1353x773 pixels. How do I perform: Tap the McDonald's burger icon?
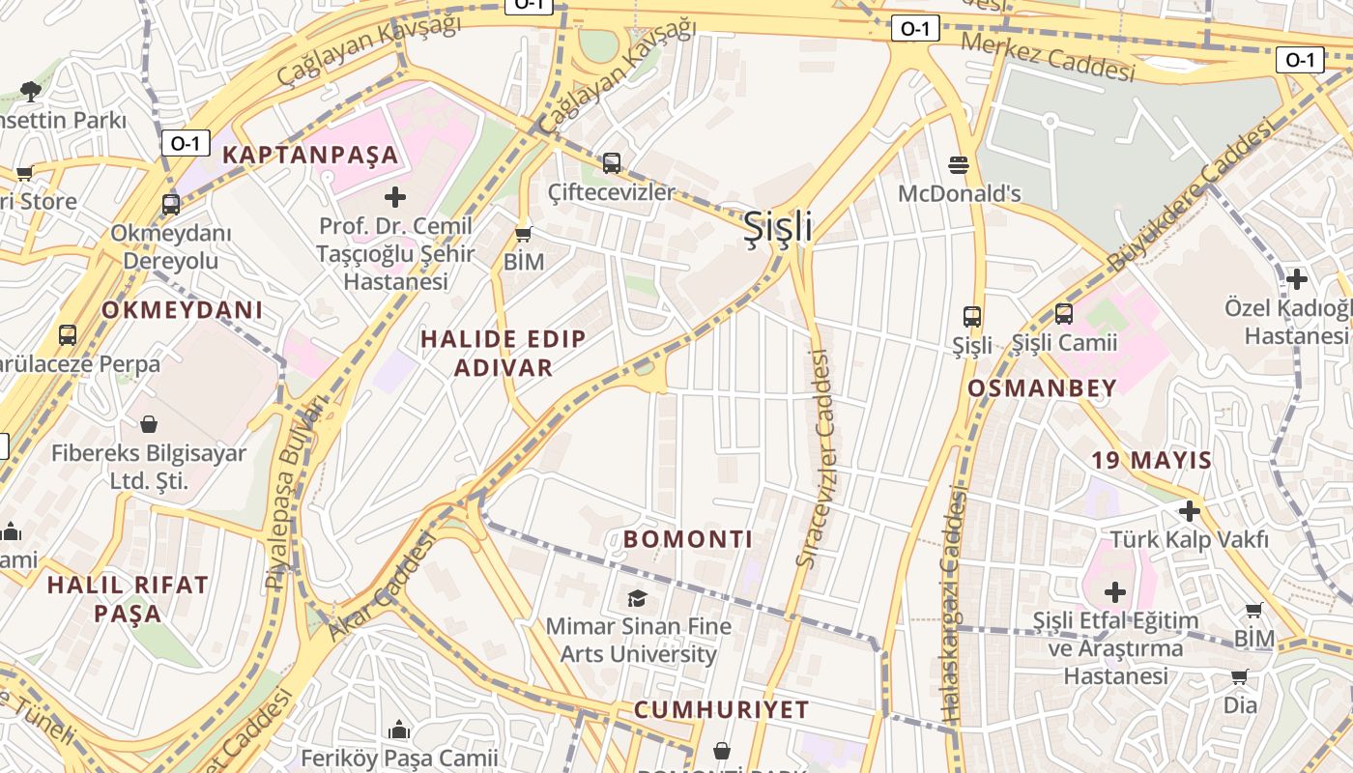959,165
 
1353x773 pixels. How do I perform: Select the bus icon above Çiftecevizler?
611,162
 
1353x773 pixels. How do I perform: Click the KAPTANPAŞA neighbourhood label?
310,155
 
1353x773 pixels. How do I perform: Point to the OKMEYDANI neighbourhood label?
183,310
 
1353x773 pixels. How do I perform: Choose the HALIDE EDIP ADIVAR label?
504,353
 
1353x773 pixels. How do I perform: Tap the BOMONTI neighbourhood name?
688,539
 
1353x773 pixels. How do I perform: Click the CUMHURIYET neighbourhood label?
721,710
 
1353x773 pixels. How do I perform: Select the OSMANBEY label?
1042,388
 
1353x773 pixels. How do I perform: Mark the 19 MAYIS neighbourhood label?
1152,460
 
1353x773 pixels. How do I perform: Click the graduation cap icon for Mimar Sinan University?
637,598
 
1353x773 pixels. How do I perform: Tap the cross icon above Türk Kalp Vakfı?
1189,510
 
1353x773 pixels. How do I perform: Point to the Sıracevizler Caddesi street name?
815,458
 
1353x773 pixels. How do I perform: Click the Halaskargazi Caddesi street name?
953,604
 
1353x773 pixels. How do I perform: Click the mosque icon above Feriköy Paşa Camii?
399,730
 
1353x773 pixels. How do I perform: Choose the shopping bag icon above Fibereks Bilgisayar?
149,424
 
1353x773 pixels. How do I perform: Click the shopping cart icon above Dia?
1240,676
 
